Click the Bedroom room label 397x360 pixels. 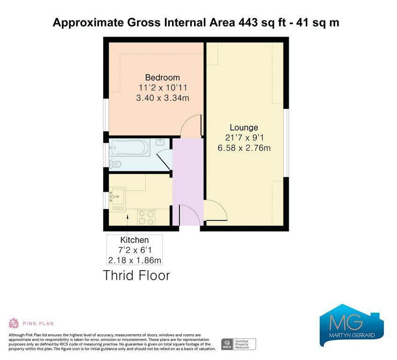[163, 77]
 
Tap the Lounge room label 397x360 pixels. [244, 127]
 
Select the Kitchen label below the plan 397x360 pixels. [135, 240]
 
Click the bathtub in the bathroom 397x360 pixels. [129, 148]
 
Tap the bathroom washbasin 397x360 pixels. [160, 142]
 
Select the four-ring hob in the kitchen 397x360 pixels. [146, 217]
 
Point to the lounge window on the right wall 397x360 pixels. [286, 143]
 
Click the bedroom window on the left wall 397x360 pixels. [106, 115]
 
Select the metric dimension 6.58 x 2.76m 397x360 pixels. [244, 148]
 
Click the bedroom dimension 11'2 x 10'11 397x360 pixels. [163, 88]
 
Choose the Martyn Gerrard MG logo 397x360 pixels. [352, 325]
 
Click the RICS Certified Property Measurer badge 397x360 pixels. [239, 345]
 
